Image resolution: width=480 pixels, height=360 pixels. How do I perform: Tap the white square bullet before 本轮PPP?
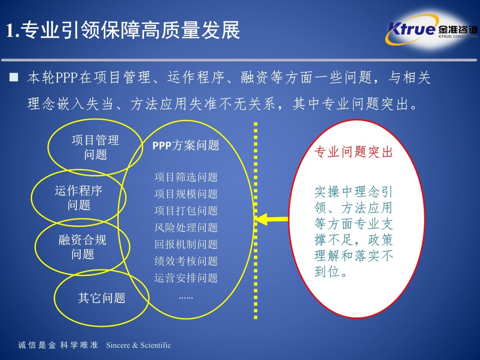point(14,77)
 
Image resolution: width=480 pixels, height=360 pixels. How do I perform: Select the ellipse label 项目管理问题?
point(95,147)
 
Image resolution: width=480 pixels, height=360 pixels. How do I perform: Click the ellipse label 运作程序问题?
point(78,198)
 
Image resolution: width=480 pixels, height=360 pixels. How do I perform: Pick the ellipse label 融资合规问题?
point(82,247)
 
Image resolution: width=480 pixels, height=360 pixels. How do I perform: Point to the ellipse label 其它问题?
point(102,298)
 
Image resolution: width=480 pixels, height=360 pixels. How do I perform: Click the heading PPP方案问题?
point(186,145)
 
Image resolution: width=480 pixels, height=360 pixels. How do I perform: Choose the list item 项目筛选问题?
point(186,177)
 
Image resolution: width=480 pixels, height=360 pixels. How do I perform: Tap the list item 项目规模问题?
point(186,194)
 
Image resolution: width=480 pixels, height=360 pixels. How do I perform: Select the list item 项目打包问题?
point(186,211)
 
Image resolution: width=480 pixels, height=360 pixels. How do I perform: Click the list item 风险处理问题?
point(186,228)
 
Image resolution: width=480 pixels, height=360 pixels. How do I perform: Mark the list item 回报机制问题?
point(186,244)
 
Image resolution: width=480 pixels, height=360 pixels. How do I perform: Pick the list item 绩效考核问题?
point(186,261)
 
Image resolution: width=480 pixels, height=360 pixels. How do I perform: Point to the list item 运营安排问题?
point(186,278)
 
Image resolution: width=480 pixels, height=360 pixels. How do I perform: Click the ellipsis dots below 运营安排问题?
point(186,298)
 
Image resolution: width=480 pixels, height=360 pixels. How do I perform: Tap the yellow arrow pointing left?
point(272,219)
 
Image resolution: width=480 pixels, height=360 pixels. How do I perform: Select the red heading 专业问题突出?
point(353,152)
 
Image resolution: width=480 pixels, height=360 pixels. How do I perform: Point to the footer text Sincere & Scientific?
point(138,345)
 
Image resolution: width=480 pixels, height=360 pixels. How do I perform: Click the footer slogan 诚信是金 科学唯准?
point(58,345)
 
